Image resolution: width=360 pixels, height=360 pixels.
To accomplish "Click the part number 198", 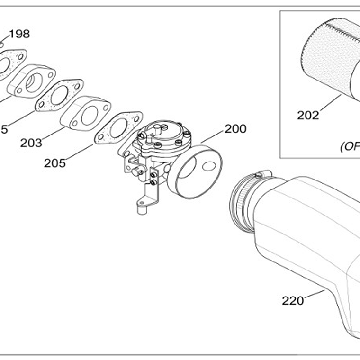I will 19,34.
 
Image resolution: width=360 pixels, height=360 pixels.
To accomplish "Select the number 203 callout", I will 31,143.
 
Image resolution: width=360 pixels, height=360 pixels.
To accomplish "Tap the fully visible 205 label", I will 54,163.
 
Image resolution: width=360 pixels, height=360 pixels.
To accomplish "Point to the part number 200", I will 235,129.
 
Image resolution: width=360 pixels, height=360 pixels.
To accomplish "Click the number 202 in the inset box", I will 308,115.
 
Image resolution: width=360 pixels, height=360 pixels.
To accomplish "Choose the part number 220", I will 293,300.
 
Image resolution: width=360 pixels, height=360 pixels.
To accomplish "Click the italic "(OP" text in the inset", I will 351,146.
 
